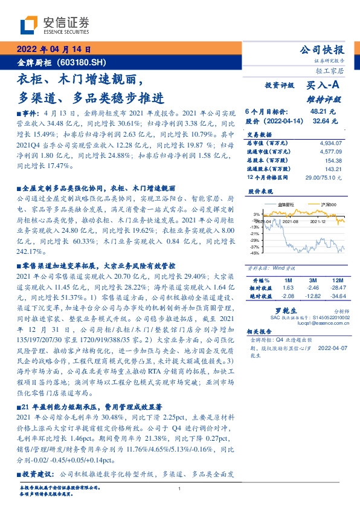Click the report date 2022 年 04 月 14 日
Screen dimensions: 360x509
53,50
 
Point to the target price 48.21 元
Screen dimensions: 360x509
323,112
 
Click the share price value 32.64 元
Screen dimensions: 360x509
323,121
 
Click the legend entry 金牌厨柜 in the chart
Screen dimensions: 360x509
287,205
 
